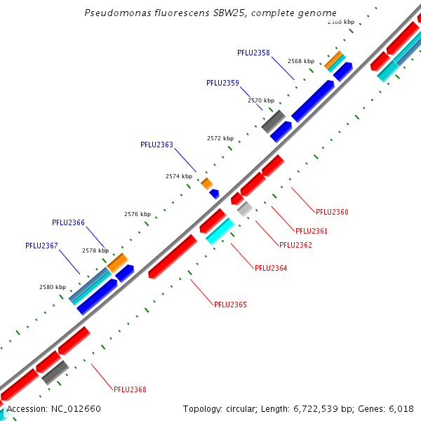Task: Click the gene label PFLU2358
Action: pos(253,53)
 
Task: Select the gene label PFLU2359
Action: pos(222,83)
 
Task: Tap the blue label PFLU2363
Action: pos(156,145)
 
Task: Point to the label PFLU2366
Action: pos(68,222)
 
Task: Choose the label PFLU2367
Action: pos(41,246)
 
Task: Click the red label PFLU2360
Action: pos(332,212)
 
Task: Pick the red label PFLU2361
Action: pos(312,231)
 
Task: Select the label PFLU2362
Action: pos(295,245)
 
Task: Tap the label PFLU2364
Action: pos(271,268)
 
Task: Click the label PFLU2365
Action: pos(230,305)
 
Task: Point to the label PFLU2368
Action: pos(130,389)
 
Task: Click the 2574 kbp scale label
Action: pos(178,176)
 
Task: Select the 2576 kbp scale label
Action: pos(138,214)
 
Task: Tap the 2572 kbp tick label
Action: pos(220,138)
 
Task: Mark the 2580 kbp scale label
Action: pos(53,287)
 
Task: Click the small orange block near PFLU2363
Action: pos(206,183)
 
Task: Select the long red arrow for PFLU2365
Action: pos(173,257)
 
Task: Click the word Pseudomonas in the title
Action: pos(112,13)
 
